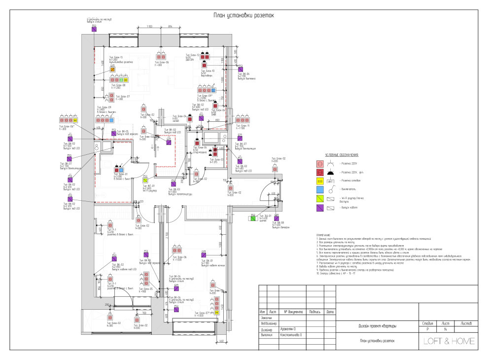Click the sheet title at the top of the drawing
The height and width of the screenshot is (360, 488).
[x=243, y=15]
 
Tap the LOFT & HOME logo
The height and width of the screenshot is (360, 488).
[x=449, y=341]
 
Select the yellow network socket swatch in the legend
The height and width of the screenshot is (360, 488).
[x=319, y=181]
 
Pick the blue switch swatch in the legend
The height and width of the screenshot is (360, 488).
[x=319, y=190]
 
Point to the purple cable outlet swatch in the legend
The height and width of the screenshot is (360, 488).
[x=319, y=208]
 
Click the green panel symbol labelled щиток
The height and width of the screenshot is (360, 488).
[x=252, y=217]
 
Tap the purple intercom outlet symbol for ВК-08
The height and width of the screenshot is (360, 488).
[x=274, y=217]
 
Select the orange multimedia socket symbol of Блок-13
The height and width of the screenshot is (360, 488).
[x=112, y=70]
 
